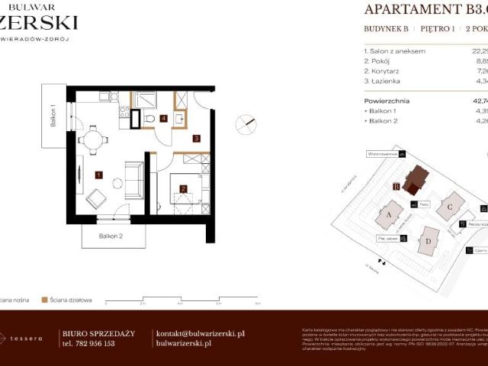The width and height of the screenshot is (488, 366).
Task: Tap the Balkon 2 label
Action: pos(111,236)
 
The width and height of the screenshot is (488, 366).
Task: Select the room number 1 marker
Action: pos(98,175)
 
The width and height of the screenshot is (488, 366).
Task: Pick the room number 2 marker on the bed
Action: pos(183,188)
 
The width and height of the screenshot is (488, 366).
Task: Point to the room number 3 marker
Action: pos(196,139)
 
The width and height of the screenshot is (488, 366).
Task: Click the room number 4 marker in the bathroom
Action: pos(164,118)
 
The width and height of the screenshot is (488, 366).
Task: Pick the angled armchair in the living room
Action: pos(98,199)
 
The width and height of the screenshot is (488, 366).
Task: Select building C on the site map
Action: pos(451,205)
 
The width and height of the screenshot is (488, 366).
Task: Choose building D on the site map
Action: pos(429,241)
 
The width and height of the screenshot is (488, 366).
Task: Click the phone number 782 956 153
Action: pos(88,344)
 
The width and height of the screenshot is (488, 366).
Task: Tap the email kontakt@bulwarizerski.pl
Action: pos(200,333)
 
